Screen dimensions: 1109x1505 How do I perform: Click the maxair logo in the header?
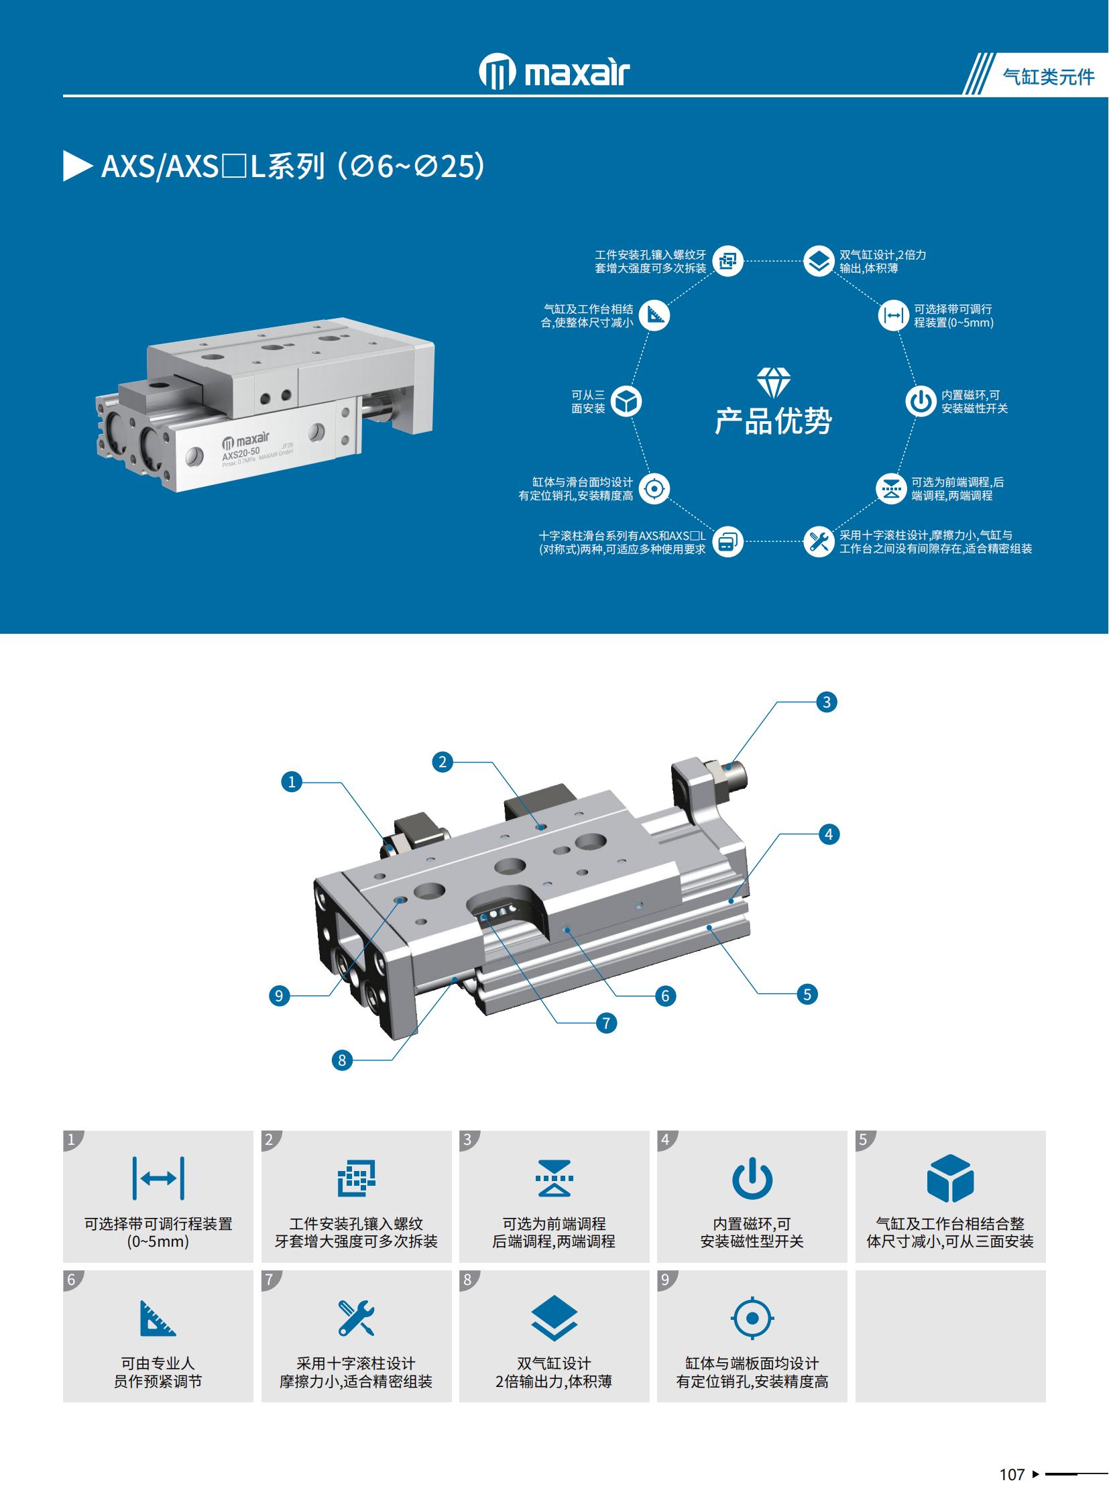[x=554, y=70]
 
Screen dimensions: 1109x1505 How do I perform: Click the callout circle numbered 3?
[x=826, y=702]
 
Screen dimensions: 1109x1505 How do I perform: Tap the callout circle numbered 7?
[x=606, y=1023]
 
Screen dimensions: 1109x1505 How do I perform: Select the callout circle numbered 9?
[x=280, y=995]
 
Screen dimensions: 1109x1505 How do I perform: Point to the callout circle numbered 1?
[x=292, y=782]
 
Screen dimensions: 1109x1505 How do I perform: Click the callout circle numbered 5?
[x=807, y=994]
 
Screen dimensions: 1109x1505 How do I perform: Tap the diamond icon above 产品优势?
[x=773, y=382]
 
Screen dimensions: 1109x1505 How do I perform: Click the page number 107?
[x=1012, y=1475]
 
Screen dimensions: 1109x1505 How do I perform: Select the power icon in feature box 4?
[x=752, y=1178]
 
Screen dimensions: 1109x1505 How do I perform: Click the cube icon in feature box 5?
[x=950, y=1178]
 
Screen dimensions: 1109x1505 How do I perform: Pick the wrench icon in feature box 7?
[x=356, y=1318]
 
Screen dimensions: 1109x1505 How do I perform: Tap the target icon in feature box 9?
[x=752, y=1319]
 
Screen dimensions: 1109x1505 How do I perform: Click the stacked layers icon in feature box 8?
[x=554, y=1318]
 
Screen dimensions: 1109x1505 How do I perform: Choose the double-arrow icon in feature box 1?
[x=158, y=1178]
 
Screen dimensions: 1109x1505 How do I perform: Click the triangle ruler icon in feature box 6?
[x=158, y=1318]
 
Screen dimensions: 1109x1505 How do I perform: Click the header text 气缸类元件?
[x=1048, y=76]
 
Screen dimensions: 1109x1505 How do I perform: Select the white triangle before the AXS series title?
[x=77, y=166]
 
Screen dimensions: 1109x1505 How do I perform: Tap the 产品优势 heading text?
[x=773, y=421]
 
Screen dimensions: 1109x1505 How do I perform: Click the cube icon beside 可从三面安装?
[x=627, y=402]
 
